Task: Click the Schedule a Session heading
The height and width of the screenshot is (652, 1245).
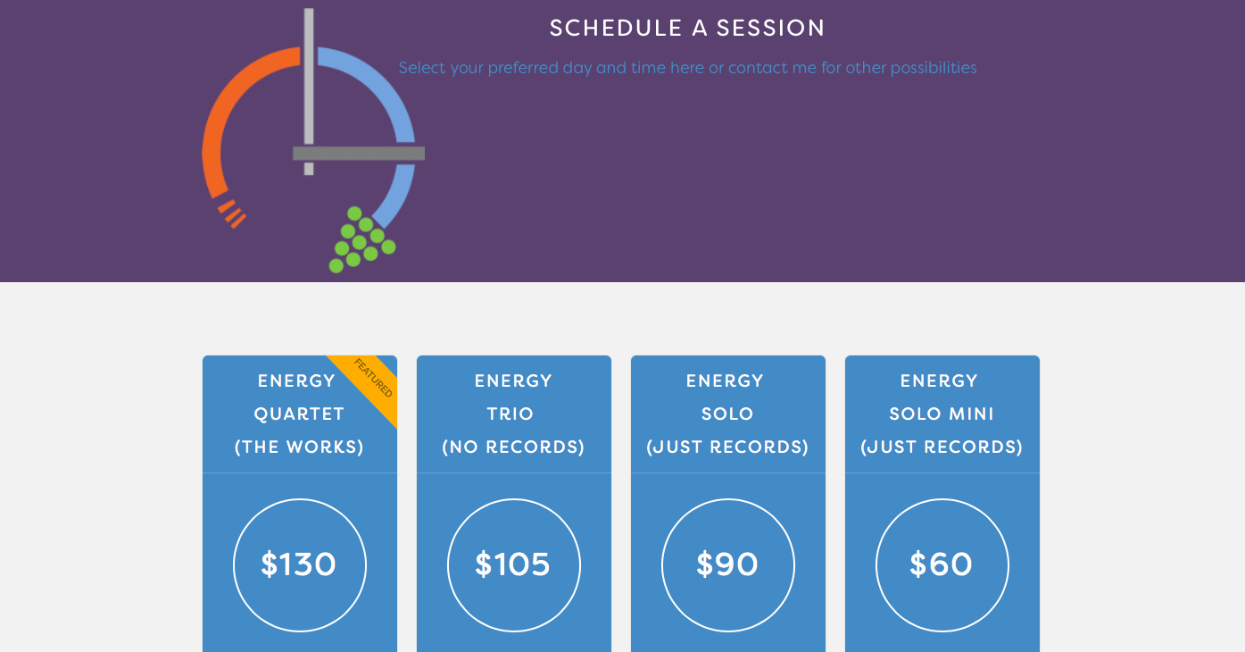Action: [687, 29]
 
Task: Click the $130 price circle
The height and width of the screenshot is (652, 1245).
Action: [300, 564]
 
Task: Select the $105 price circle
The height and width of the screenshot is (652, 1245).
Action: [514, 564]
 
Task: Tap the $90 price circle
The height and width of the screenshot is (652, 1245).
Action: [728, 564]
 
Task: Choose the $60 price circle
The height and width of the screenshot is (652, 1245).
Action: [942, 564]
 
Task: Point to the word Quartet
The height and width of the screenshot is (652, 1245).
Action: [299, 414]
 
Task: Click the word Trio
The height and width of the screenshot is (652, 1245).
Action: [510, 414]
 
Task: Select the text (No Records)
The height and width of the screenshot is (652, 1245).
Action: [513, 447]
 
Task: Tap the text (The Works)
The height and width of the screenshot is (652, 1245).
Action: [299, 447]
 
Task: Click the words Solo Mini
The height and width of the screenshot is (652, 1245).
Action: [942, 414]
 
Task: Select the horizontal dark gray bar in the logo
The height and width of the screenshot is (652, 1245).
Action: [359, 154]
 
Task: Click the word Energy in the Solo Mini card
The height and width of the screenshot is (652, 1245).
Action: [939, 381]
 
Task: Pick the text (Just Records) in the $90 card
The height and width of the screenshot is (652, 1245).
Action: [727, 447]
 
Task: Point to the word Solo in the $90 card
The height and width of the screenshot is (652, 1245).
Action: [727, 414]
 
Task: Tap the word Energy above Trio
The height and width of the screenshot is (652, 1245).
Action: [513, 381]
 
